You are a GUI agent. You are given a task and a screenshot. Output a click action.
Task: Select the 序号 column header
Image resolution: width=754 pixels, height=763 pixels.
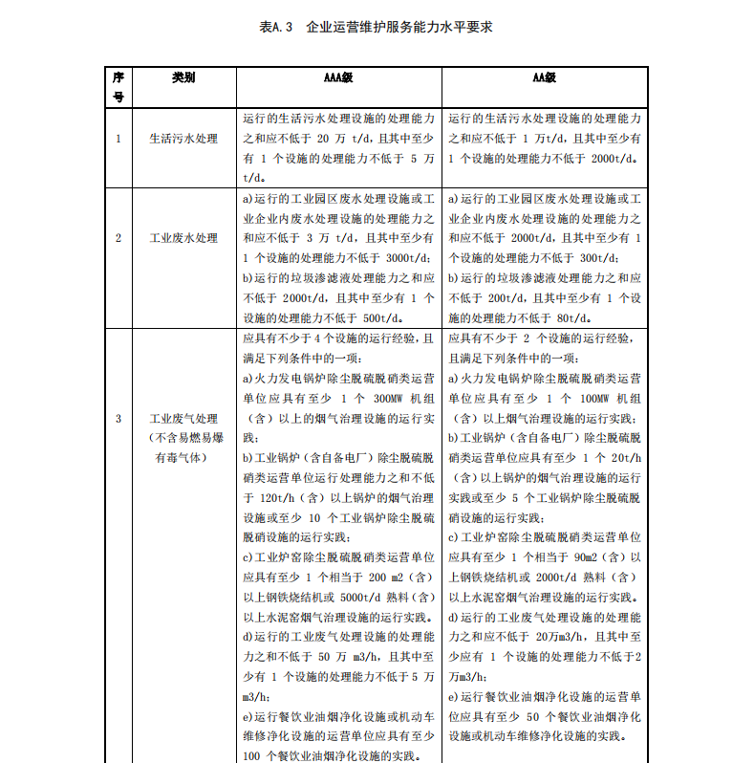click(118, 86)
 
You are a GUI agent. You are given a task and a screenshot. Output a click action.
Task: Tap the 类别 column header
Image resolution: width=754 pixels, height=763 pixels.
click(183, 77)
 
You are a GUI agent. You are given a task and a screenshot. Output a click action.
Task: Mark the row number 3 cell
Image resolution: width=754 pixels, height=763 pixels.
click(118, 418)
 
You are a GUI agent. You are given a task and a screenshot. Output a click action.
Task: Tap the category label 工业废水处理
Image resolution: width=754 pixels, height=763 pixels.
click(183, 238)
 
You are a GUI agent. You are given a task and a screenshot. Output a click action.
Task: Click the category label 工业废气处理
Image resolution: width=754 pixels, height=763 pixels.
click(183, 418)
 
